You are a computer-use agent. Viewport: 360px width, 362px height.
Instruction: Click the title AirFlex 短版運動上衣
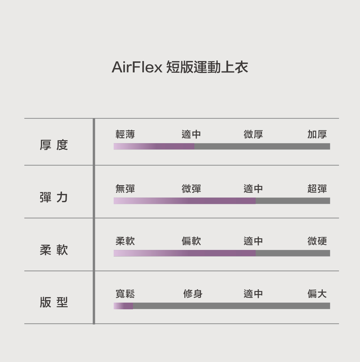click(x=180, y=67)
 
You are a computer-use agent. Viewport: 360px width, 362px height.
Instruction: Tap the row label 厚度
click(x=54, y=145)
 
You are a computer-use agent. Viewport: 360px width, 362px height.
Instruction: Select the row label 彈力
click(x=54, y=198)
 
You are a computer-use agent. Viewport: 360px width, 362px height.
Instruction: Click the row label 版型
click(x=54, y=302)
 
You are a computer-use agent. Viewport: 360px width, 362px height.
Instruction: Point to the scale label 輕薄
click(x=125, y=134)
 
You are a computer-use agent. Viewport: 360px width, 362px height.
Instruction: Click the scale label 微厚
click(x=253, y=134)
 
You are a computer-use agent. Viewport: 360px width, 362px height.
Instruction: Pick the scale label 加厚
click(x=317, y=134)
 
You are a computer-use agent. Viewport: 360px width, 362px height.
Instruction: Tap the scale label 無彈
click(x=125, y=189)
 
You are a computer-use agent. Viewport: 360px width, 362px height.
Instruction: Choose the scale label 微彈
click(x=191, y=189)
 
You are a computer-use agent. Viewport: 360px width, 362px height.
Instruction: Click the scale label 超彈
click(x=317, y=189)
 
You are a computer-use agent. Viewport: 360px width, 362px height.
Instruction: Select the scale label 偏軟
click(x=191, y=241)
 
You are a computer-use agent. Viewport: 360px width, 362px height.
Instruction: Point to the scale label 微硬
click(x=317, y=241)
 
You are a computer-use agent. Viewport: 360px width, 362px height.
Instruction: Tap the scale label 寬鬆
click(x=125, y=294)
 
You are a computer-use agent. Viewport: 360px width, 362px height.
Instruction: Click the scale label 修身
click(x=193, y=294)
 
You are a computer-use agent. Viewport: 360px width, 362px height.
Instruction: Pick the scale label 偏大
click(x=317, y=294)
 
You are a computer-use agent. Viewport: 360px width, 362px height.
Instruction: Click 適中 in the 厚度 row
click(x=191, y=134)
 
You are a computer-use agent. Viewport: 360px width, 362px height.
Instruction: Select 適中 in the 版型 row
click(x=253, y=294)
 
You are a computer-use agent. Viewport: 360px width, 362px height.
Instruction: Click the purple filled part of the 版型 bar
click(x=123, y=306)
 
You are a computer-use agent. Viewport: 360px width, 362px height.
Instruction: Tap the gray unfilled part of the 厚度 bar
click(x=262, y=146)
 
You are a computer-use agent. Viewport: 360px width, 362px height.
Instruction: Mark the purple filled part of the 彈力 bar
click(x=184, y=201)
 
